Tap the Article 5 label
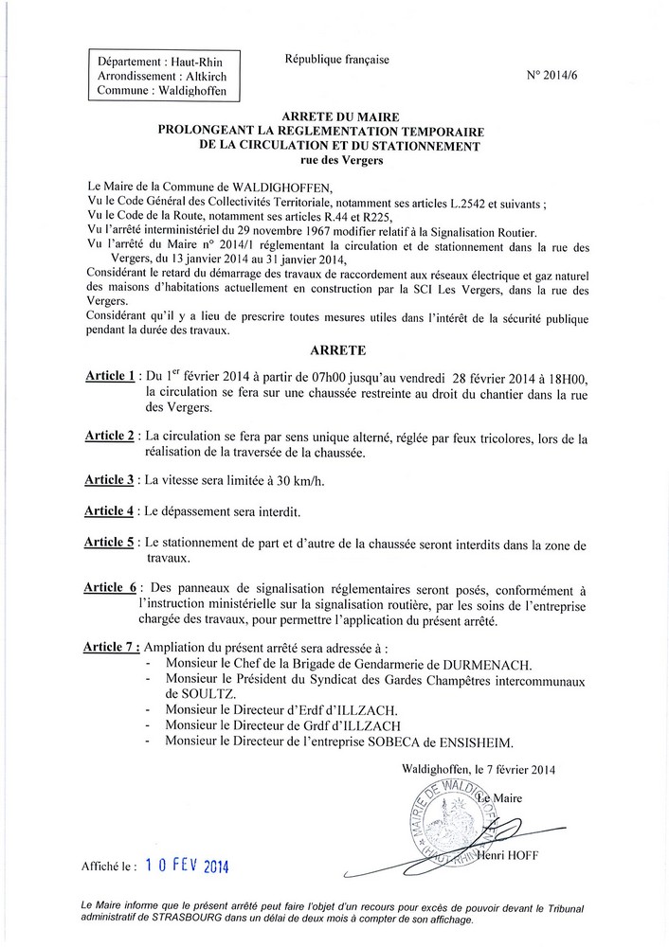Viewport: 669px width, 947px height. click(x=109, y=543)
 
